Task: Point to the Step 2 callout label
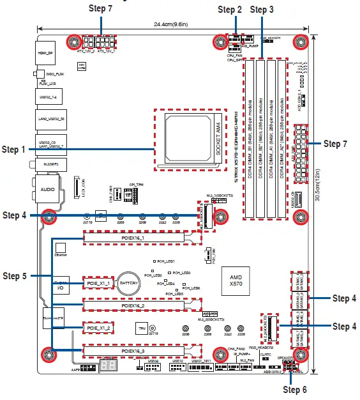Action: [230, 10]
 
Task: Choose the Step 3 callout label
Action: [262, 10]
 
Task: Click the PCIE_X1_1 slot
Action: [99, 282]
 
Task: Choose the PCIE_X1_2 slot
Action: [99, 328]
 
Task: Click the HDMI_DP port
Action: [45, 54]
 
